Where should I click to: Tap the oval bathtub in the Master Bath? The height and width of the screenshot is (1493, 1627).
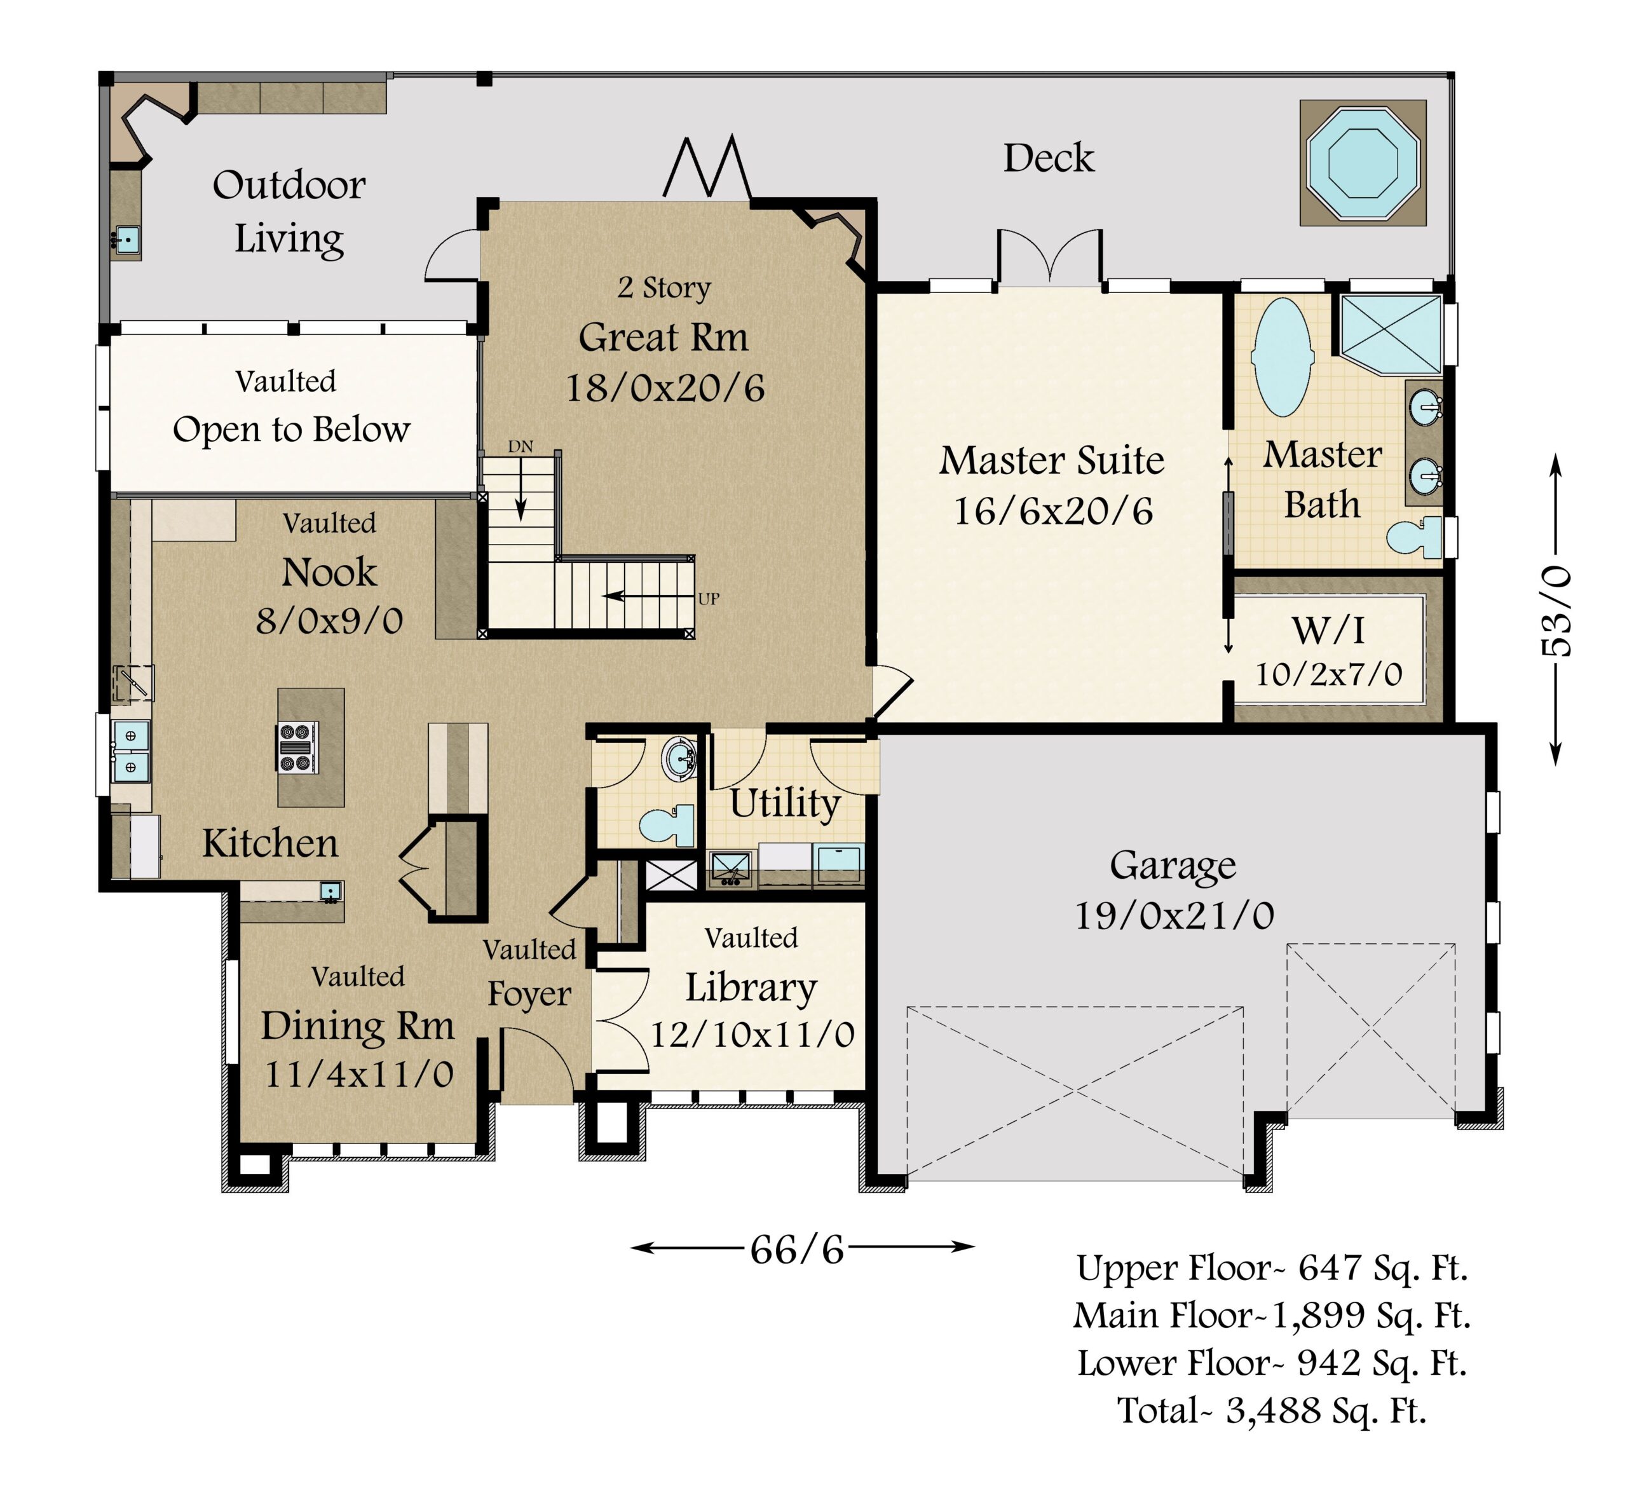pyautogui.click(x=1283, y=358)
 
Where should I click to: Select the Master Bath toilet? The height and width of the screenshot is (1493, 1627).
pyautogui.click(x=1415, y=536)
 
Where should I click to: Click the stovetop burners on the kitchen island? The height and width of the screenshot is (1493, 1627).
pyautogui.click(x=297, y=748)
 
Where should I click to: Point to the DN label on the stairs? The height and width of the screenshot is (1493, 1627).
pyautogui.click(x=521, y=446)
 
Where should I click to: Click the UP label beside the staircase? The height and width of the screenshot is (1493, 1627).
pyautogui.click(x=709, y=599)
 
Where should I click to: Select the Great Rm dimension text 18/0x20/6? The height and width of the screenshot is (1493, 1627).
pyautogui.click(x=665, y=388)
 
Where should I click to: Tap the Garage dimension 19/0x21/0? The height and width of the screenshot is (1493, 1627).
pyautogui.click(x=1174, y=915)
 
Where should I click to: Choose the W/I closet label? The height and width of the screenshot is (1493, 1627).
pyautogui.click(x=1329, y=630)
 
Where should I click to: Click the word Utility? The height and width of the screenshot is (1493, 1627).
pyautogui.click(x=786, y=804)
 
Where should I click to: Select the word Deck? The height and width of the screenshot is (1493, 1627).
pyautogui.click(x=1049, y=158)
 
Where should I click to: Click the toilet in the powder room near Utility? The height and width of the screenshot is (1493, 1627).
pyautogui.click(x=667, y=825)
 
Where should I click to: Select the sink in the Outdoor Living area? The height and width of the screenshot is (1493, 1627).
pyautogui.click(x=126, y=239)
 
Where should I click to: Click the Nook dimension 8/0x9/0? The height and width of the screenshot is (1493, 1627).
pyautogui.click(x=330, y=621)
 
